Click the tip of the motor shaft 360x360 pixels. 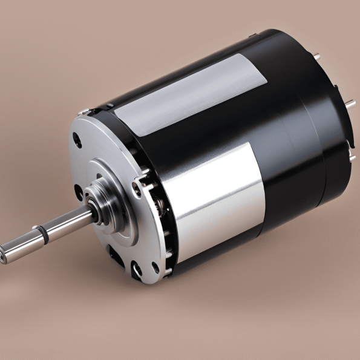click(x=5, y=254)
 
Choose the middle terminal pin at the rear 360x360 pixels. click(x=350, y=103)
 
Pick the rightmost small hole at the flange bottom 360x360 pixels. click(x=155, y=267)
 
